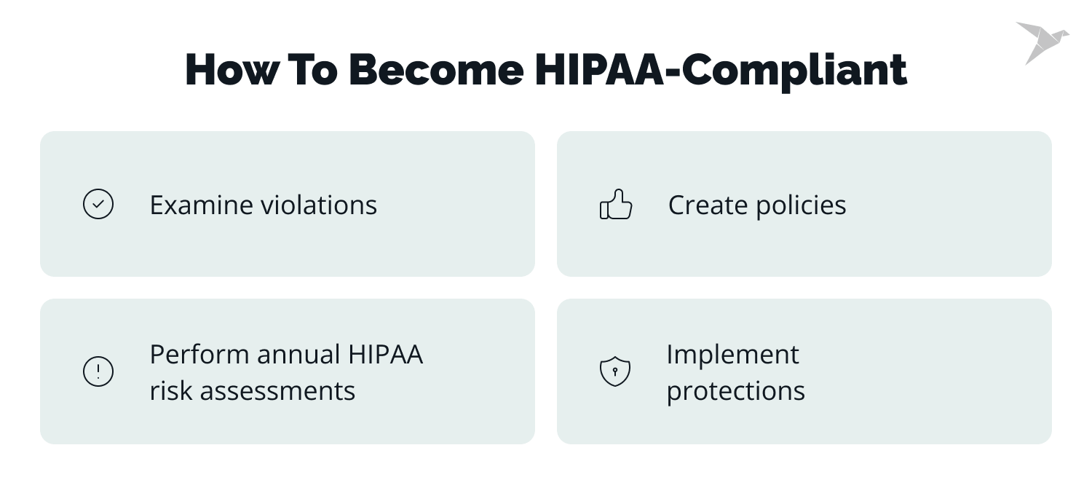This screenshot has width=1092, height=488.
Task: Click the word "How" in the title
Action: click(231, 70)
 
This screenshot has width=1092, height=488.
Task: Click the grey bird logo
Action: click(1042, 42)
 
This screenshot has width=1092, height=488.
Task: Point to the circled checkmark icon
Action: click(98, 205)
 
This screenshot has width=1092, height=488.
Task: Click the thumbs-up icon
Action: click(616, 205)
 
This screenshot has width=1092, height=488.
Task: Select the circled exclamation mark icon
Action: click(98, 372)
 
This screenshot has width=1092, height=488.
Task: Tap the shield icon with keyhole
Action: click(614, 372)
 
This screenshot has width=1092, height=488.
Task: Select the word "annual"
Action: click(298, 355)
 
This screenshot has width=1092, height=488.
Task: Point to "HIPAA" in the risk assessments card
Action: click(385, 355)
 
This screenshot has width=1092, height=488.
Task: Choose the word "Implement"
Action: click(732, 355)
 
